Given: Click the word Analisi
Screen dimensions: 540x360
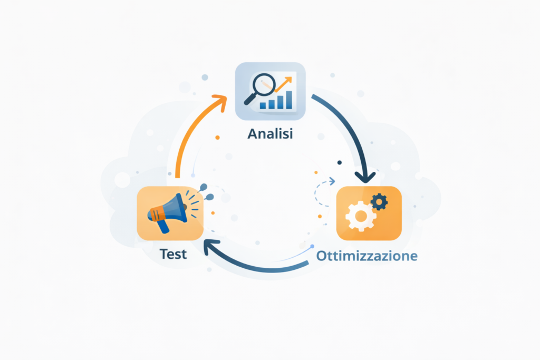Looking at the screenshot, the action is click(270, 133).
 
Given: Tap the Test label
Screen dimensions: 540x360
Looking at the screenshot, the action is click(173, 254).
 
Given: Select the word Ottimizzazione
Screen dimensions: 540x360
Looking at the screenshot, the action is click(367, 256).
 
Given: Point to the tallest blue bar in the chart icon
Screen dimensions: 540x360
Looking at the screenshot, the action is click(289, 100).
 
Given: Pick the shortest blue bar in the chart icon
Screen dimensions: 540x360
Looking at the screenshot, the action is click(263, 105).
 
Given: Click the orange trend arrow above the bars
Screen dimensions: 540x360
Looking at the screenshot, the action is click(284, 84).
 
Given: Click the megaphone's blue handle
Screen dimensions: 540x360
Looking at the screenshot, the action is click(163, 226).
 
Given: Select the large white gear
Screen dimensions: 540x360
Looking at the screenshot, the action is click(361, 216).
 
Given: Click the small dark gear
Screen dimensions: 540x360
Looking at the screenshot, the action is click(379, 202).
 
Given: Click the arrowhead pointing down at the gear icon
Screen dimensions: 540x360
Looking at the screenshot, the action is click(365, 177).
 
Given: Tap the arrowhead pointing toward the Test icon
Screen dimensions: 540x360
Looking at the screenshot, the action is click(210, 247).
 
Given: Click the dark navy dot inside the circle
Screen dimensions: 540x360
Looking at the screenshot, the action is click(340, 162).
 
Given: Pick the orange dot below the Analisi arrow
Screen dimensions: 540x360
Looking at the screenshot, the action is click(217, 138).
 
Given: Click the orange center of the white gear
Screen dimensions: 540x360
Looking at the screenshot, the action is click(361, 217).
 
